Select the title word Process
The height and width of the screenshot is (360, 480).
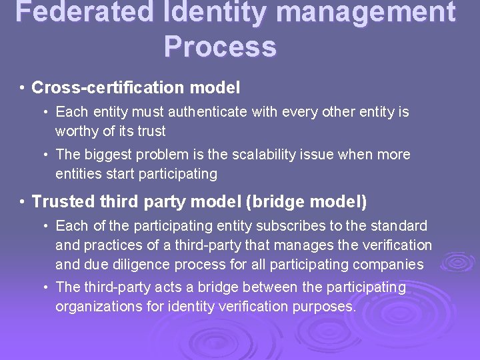tap(220, 47)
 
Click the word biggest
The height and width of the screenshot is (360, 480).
tap(107, 155)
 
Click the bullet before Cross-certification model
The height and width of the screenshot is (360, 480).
tap(23, 88)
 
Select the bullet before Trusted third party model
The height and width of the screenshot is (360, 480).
tap(23, 201)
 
